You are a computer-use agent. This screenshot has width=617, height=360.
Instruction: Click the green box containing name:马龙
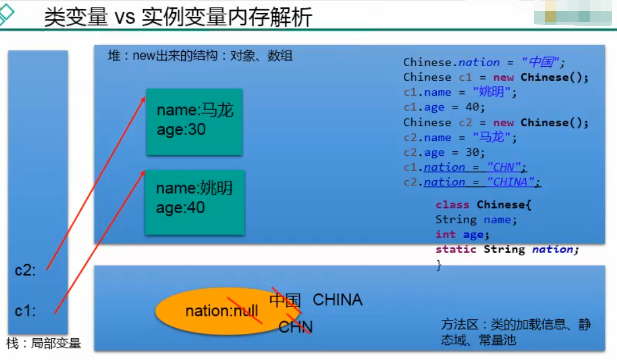[194, 122]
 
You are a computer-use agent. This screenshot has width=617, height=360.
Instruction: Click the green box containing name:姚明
[194, 201]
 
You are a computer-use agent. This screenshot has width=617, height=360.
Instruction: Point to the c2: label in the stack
[26, 270]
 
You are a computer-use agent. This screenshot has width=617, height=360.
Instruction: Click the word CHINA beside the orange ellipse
[337, 300]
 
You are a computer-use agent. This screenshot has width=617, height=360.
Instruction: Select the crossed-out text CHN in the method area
[295, 327]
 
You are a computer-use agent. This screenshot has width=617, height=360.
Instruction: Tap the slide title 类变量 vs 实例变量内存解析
[178, 17]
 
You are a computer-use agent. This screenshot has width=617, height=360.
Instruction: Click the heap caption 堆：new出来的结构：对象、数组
[200, 56]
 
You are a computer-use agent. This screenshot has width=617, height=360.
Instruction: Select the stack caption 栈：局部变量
[43, 343]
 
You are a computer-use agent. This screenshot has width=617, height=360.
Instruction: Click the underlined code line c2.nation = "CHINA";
[472, 183]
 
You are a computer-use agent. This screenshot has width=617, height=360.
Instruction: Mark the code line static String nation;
[507, 249]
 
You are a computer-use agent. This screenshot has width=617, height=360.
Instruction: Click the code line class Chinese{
[483, 205]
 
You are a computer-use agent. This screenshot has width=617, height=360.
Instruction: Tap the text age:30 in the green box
[181, 130]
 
